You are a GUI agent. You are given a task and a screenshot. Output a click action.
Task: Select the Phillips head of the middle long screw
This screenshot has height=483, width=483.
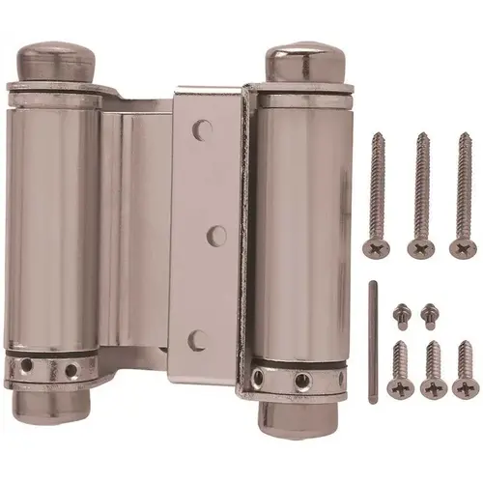420,247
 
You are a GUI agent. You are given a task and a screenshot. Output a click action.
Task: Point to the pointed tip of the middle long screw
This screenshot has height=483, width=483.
421,135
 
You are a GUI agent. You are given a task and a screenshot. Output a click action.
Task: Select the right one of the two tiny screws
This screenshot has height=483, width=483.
429,312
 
